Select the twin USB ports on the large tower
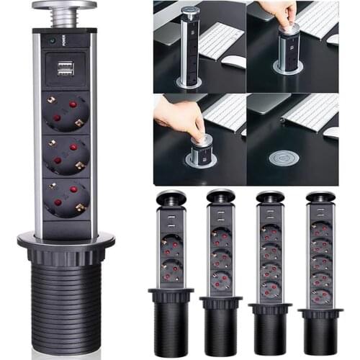coord(63,68)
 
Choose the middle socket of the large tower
coord(66,154)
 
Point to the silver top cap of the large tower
coord(63,9)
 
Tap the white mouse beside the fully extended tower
coord(232,61)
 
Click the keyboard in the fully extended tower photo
coord(221,40)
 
